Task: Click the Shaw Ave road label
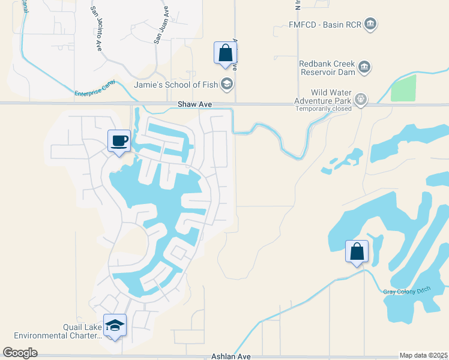(x=195, y=104)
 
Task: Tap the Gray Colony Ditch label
(x=408, y=292)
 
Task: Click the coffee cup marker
(x=119, y=141)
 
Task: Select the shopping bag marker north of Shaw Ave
(x=225, y=53)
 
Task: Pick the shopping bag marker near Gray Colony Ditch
(x=357, y=251)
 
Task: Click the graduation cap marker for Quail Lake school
(x=115, y=325)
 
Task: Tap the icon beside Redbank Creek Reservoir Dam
(x=364, y=67)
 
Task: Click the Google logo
(x=20, y=352)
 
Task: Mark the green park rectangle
(x=403, y=88)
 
